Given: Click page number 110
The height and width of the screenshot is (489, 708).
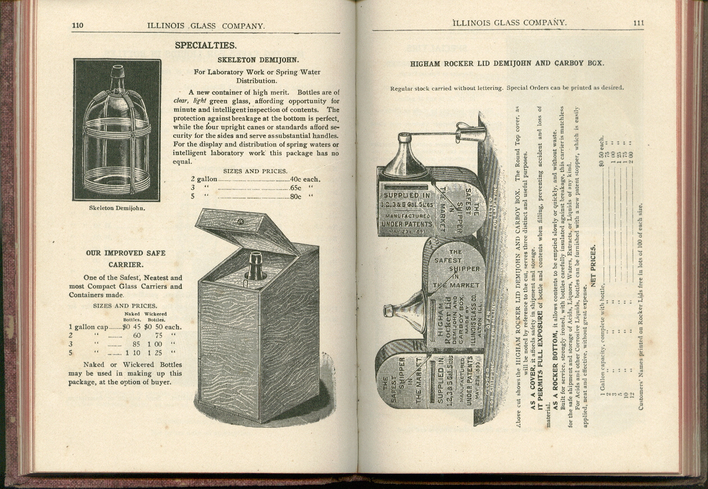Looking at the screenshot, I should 78,26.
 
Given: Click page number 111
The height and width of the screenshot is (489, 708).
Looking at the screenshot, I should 638,23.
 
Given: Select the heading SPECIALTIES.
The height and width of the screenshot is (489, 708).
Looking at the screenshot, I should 206,46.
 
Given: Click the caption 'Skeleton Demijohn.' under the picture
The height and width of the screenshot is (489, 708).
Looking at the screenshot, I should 117,208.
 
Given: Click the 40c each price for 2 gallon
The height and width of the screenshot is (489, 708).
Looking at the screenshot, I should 305,179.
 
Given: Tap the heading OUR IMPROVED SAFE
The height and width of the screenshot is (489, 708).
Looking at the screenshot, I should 126,253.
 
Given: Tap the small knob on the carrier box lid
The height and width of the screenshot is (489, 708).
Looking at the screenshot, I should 240,221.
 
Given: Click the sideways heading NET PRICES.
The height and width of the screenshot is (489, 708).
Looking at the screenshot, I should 593,264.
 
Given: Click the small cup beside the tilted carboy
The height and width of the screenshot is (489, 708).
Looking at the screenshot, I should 471,133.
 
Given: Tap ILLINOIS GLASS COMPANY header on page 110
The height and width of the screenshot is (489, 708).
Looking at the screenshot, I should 206,26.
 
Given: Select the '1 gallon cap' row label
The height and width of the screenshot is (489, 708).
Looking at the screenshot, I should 88,327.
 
